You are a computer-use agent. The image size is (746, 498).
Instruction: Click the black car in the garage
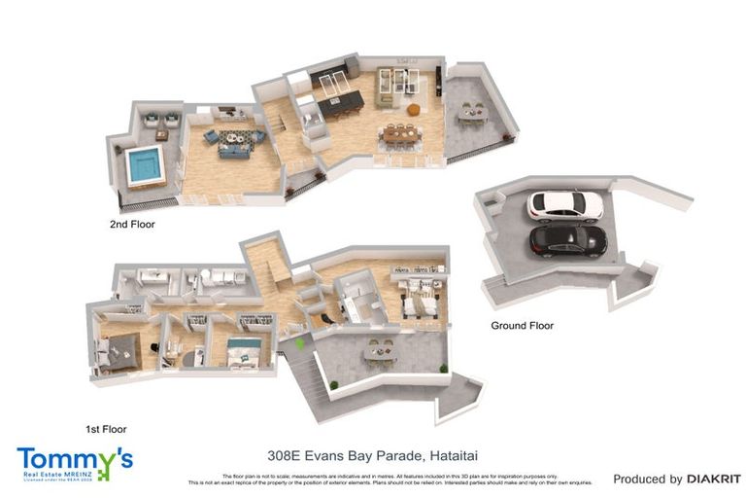coord(567,240)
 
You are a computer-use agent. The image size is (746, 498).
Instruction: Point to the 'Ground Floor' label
coord(521,326)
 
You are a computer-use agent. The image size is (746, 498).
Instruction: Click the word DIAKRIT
coord(714,479)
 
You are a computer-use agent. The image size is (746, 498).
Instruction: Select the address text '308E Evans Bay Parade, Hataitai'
coord(373,454)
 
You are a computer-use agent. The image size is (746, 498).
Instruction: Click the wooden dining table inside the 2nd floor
coord(403,133)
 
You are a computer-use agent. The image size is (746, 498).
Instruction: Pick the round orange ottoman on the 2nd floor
coord(414,109)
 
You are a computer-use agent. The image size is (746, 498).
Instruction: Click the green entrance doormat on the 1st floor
coord(299,343)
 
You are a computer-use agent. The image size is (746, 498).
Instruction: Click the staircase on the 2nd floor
coord(275,122)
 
